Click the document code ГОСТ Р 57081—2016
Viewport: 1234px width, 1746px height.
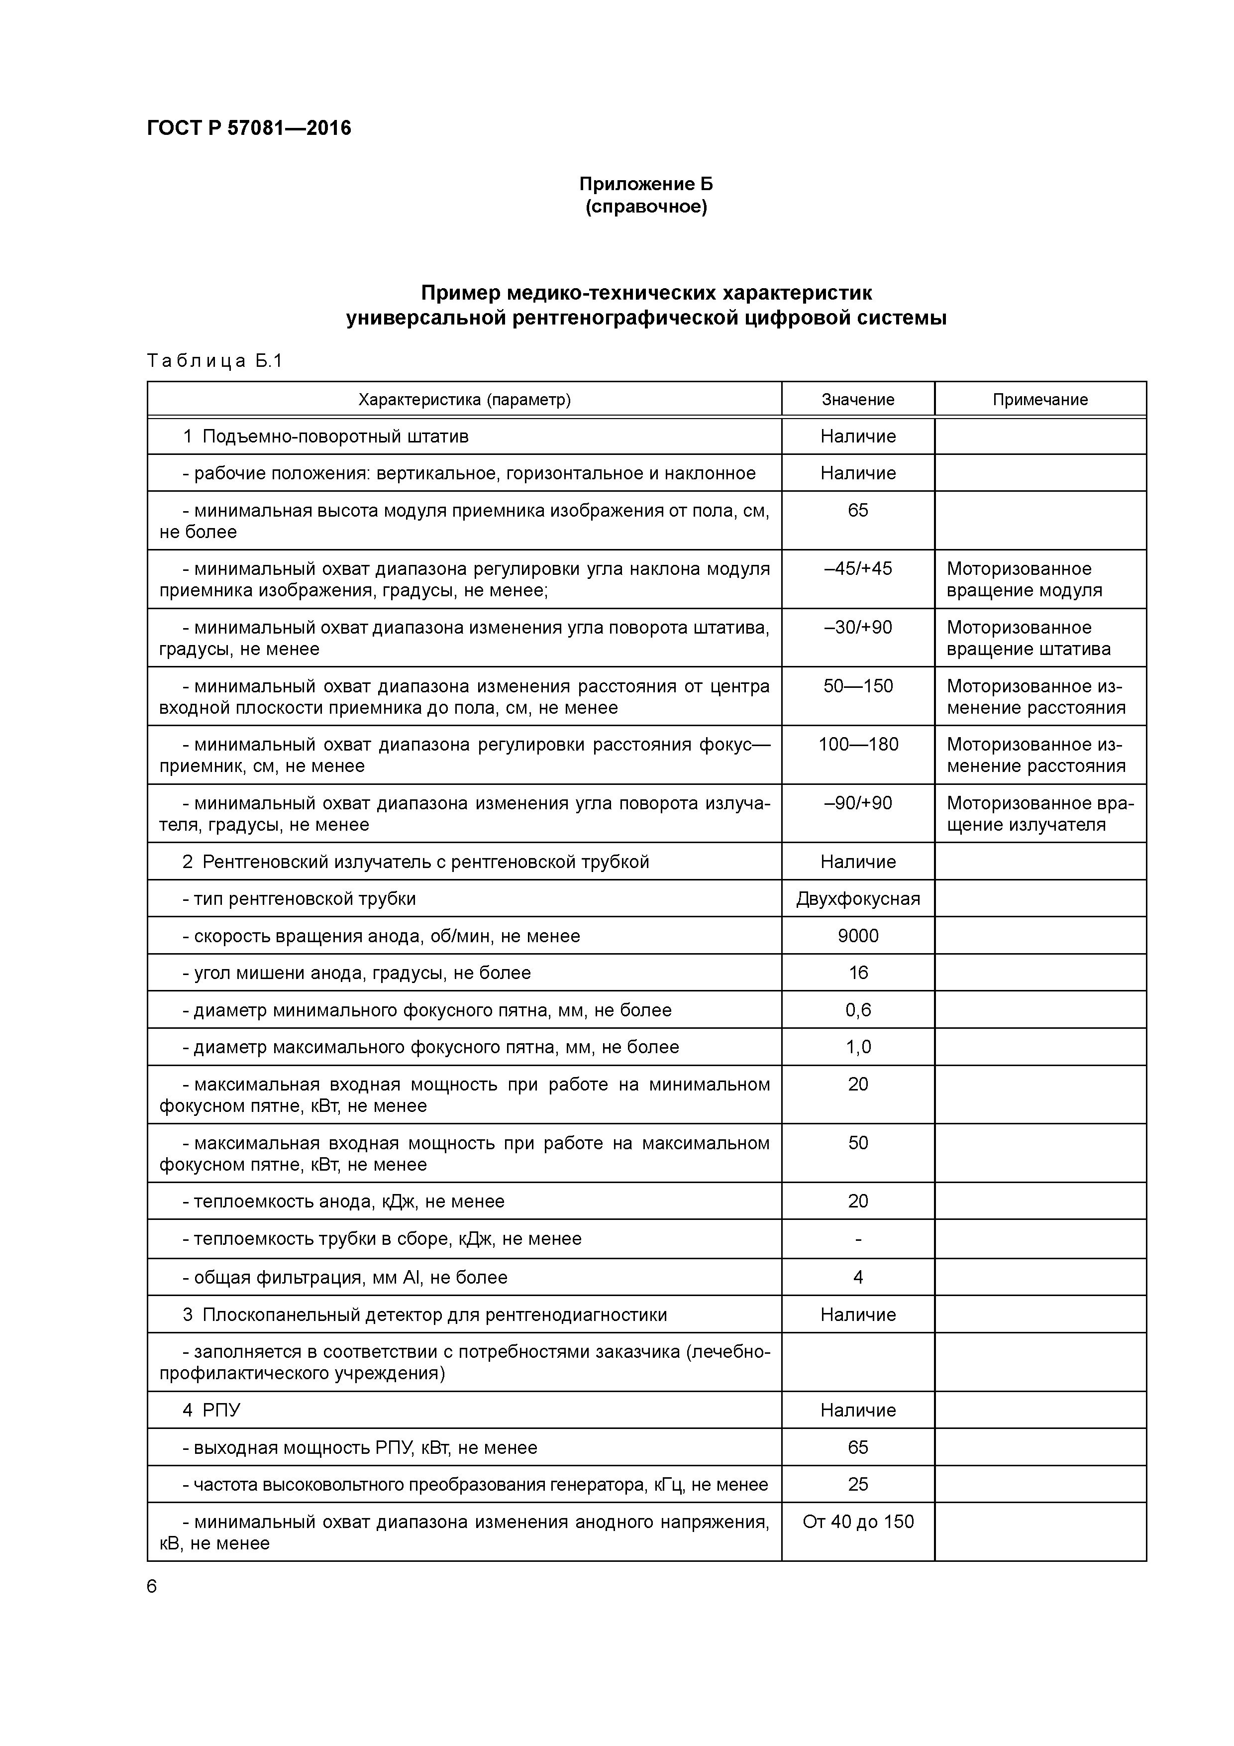[249, 128]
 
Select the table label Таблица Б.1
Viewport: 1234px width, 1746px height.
[214, 360]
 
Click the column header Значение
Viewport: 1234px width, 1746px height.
[858, 399]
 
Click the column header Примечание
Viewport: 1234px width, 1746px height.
[1039, 399]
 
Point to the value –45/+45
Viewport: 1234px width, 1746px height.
[858, 569]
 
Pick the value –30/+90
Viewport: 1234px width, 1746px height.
[858, 627]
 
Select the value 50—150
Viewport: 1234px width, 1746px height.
[858, 686]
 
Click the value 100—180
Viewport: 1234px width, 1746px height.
[858, 745]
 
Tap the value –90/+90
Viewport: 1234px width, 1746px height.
[858, 803]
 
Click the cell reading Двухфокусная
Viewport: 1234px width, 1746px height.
[858, 899]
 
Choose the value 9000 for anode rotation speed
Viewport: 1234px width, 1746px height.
[858, 936]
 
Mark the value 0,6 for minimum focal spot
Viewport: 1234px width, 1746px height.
[858, 1010]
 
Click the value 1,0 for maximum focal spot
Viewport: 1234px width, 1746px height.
[858, 1047]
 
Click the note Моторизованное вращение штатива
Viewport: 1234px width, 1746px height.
[1028, 639]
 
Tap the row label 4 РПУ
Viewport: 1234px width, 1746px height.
[211, 1411]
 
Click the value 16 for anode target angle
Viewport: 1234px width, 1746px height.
[858, 973]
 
